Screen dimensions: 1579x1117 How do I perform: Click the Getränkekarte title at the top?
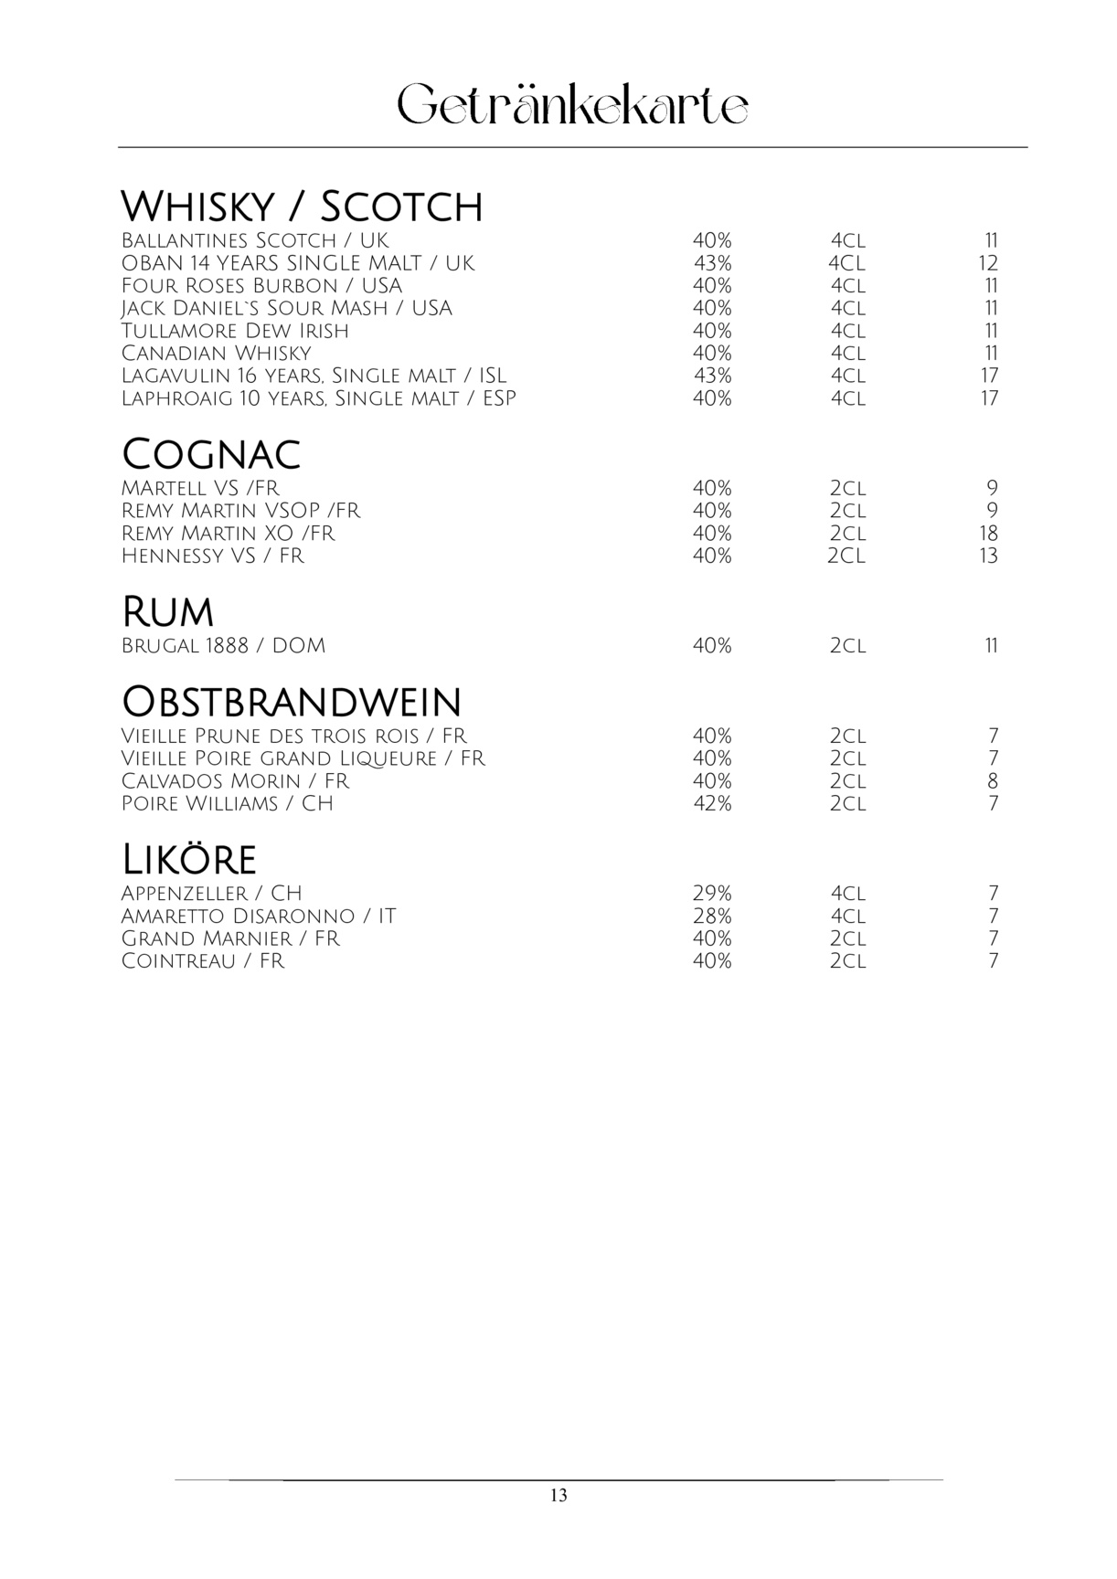pyautogui.click(x=572, y=106)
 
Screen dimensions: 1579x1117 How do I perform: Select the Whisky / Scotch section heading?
pyautogui.click(x=302, y=207)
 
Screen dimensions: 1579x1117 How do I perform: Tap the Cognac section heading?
pyautogui.click(x=211, y=454)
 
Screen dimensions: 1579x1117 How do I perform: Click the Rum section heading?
pyautogui.click(x=167, y=612)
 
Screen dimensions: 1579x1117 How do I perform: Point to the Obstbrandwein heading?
pyautogui.click(x=292, y=702)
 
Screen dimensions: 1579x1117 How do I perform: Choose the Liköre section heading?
pyautogui.click(x=188, y=860)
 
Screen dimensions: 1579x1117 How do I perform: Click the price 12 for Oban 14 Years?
pyautogui.click(x=988, y=263)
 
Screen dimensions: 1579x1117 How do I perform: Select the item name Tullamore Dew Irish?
pyautogui.click(x=235, y=331)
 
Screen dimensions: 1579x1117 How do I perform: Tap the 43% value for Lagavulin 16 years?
pyautogui.click(x=712, y=376)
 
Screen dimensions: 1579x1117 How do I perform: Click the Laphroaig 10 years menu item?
pyautogui.click(x=318, y=398)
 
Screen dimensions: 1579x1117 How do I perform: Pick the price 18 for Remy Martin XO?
pyautogui.click(x=988, y=534)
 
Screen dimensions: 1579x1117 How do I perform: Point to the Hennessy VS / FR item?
pyautogui.click(x=212, y=556)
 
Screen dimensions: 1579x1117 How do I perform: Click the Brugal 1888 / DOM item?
pyautogui.click(x=223, y=646)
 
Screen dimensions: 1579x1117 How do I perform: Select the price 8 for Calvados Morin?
pyautogui.click(x=993, y=781)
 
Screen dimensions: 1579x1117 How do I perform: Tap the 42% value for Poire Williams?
pyautogui.click(x=712, y=804)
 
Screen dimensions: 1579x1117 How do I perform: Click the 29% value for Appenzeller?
pyautogui.click(x=712, y=894)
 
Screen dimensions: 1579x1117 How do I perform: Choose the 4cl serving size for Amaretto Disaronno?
pyautogui.click(x=847, y=917)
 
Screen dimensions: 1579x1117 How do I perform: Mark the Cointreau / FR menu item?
pyautogui.click(x=203, y=961)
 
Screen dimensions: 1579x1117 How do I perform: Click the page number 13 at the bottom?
pyautogui.click(x=558, y=1496)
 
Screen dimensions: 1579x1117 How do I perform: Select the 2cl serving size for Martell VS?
pyautogui.click(x=847, y=488)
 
